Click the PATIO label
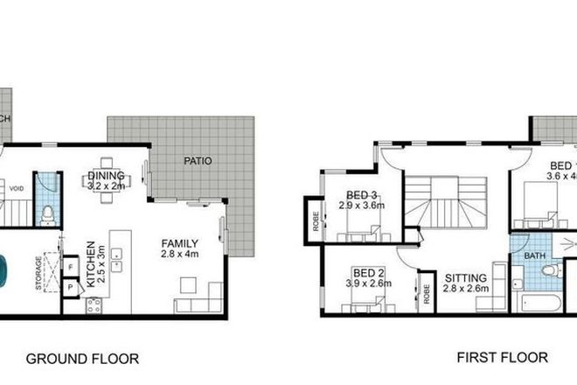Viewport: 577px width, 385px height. point(197,161)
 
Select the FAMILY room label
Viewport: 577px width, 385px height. point(179,243)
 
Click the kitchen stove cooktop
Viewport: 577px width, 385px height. point(92,305)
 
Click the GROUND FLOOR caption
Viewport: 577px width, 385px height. point(82,358)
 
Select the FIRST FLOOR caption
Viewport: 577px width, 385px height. point(503,358)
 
